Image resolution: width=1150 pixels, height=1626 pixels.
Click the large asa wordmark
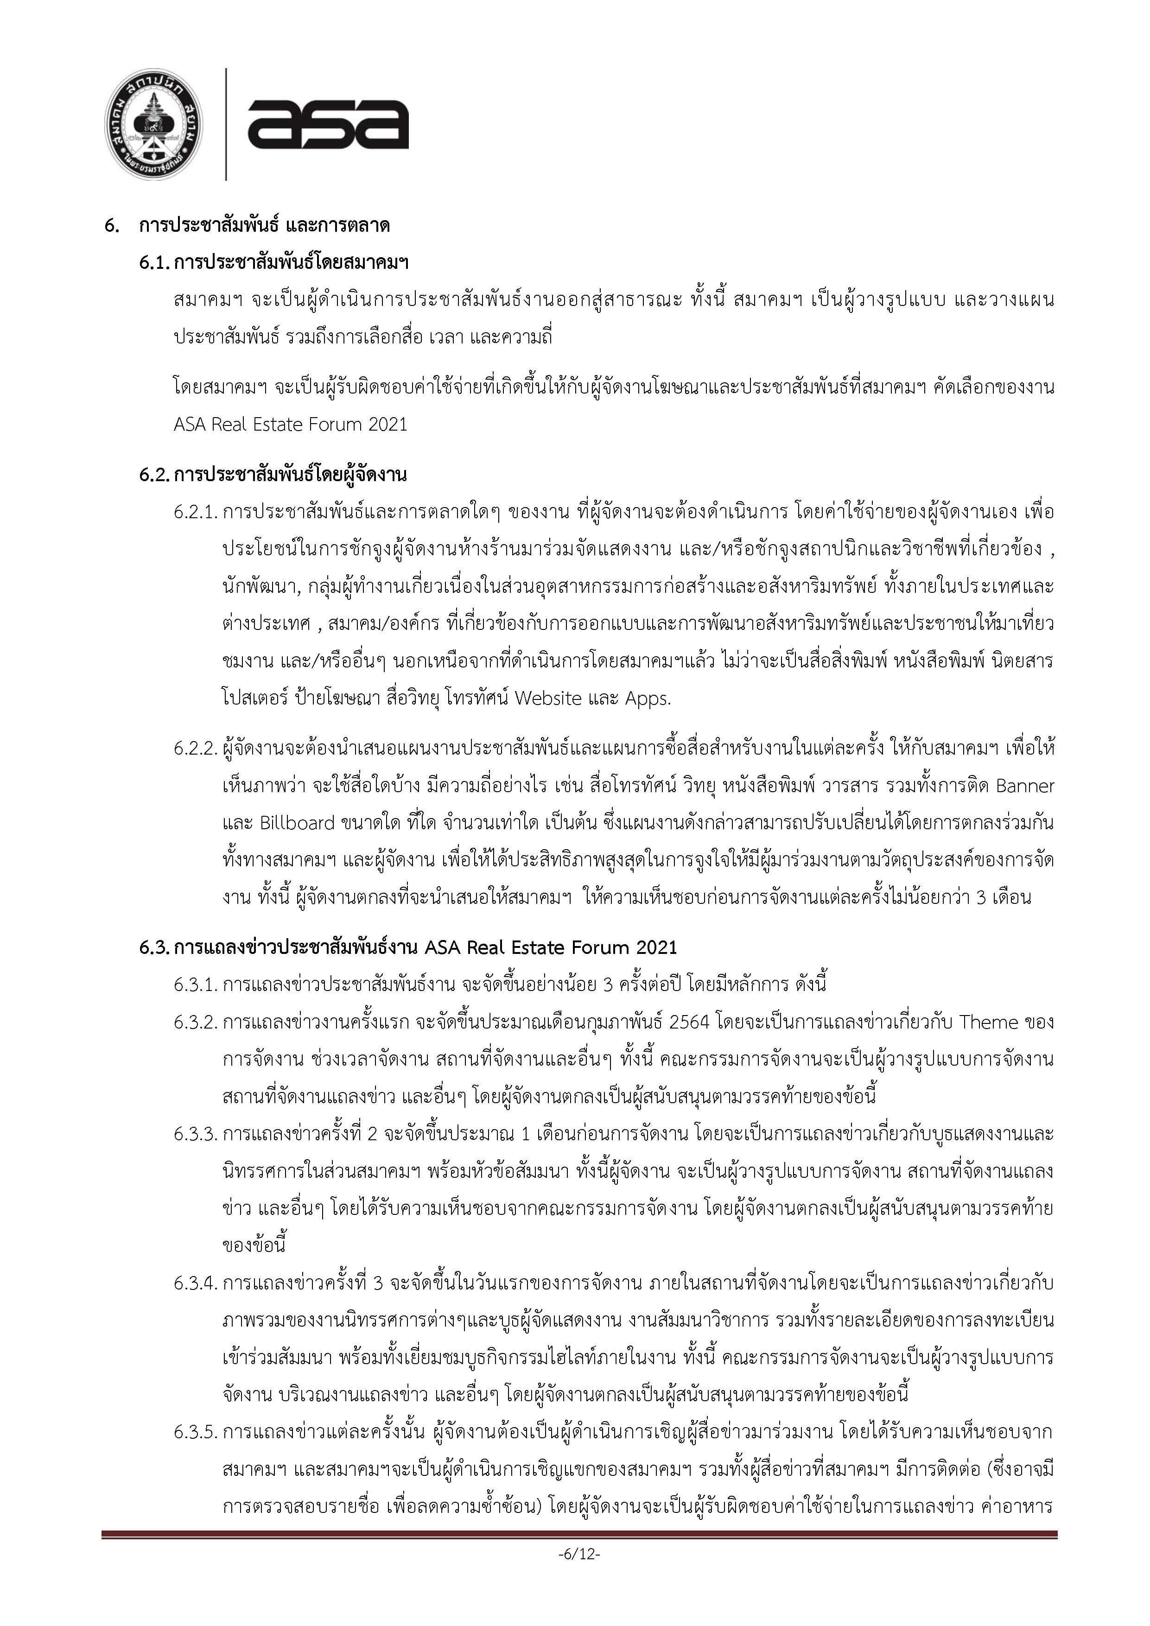328,125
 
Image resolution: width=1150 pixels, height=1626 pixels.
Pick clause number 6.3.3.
195,1134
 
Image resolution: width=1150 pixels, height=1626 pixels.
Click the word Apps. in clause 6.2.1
647,698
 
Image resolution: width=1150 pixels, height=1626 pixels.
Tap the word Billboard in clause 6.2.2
298,823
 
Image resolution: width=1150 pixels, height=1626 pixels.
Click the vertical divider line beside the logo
226,125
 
